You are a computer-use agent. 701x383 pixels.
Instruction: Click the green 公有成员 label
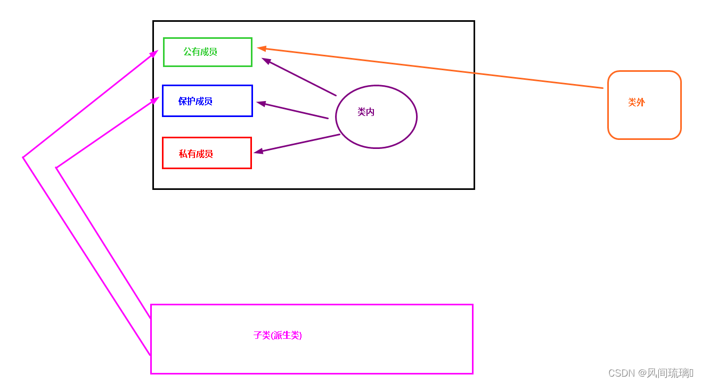[x=200, y=52]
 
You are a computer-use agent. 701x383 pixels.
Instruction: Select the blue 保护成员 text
[x=195, y=101]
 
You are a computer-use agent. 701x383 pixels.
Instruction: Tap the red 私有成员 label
[x=195, y=154]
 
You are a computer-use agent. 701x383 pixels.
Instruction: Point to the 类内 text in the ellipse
[x=366, y=112]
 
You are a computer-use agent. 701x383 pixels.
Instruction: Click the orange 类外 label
[x=637, y=102]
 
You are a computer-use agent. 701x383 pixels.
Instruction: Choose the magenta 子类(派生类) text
[x=278, y=335]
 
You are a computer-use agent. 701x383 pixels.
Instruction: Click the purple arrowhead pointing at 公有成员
[x=266, y=61]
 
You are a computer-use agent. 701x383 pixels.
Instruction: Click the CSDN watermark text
[x=650, y=373]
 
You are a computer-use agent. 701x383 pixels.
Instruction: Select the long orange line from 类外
[x=431, y=68]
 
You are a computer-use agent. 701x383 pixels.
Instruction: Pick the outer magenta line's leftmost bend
[x=23, y=157]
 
